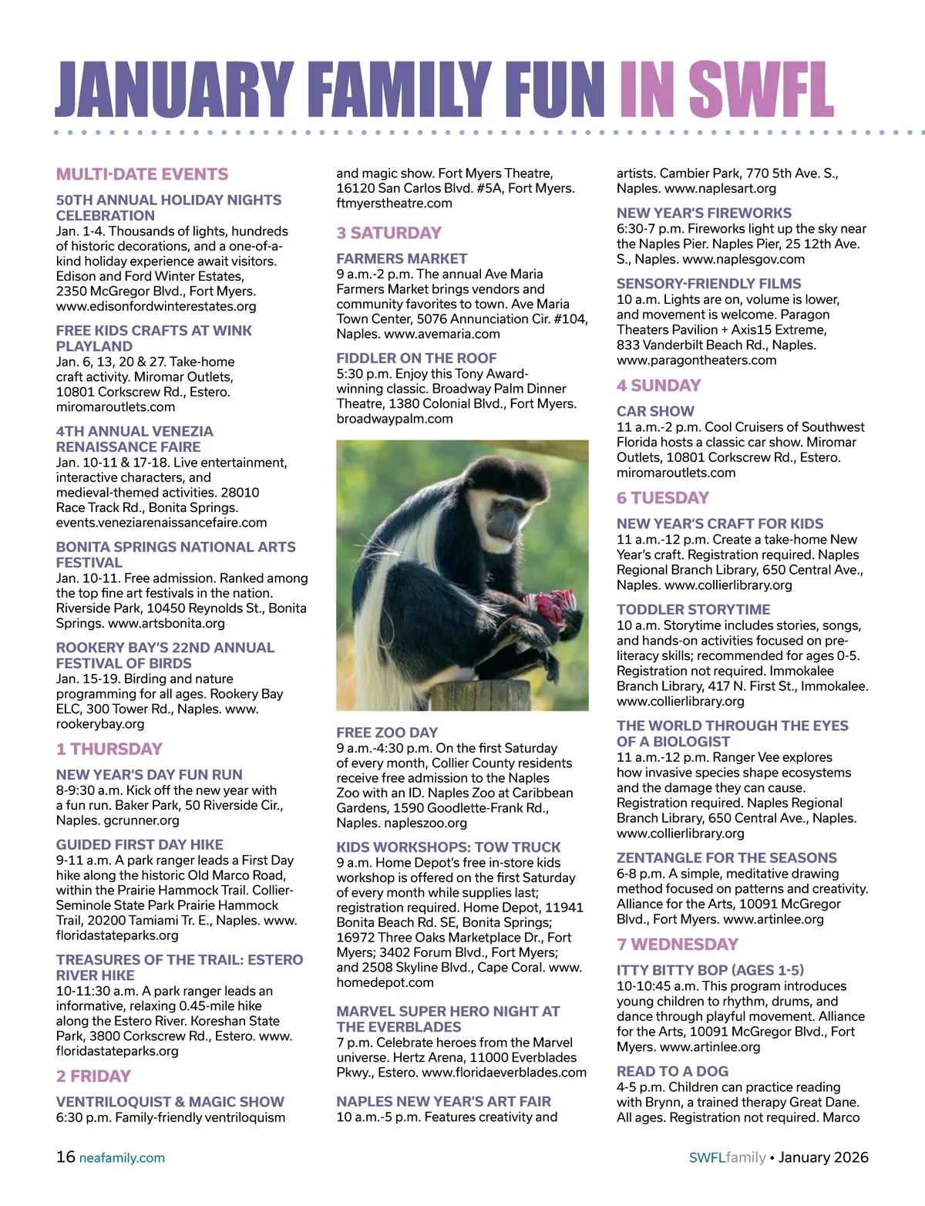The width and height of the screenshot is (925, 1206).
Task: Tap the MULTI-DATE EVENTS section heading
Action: click(142, 174)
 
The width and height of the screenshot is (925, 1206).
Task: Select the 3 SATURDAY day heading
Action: click(388, 233)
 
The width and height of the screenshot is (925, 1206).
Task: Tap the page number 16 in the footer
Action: click(66, 1157)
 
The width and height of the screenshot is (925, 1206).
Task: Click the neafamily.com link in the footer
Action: click(122, 1157)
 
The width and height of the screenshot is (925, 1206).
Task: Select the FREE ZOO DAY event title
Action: click(387, 733)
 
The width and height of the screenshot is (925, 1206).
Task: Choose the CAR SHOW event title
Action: click(655, 411)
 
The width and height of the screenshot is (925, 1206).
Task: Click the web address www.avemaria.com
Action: click(442, 334)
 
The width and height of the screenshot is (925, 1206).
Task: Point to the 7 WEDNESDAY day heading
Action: click(677, 945)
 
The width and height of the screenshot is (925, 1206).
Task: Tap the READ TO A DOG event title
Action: click(672, 1071)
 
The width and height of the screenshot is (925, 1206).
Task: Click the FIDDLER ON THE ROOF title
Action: click(416, 358)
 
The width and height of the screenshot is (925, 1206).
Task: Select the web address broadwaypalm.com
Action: click(395, 419)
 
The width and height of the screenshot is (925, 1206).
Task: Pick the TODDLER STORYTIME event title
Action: click(693, 609)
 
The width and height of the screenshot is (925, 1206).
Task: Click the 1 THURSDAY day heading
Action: click(109, 749)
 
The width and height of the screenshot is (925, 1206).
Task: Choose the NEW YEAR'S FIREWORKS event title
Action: click(704, 213)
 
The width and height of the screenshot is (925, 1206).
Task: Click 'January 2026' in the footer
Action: click(823, 1157)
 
